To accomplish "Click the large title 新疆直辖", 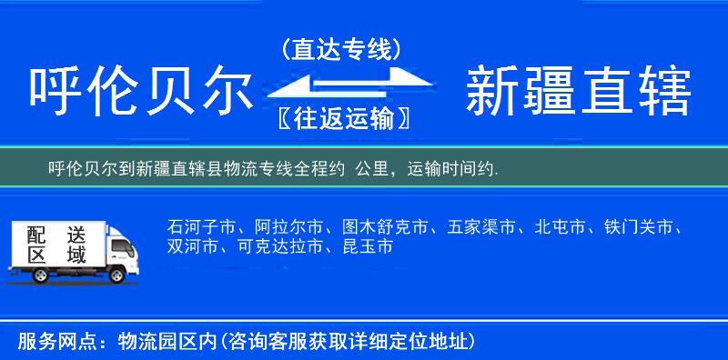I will [x=578, y=91].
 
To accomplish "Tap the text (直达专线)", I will [x=341, y=50].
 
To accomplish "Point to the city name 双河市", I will [x=192, y=246].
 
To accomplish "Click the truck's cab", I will [x=120, y=251].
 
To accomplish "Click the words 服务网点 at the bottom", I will [x=50, y=342].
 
